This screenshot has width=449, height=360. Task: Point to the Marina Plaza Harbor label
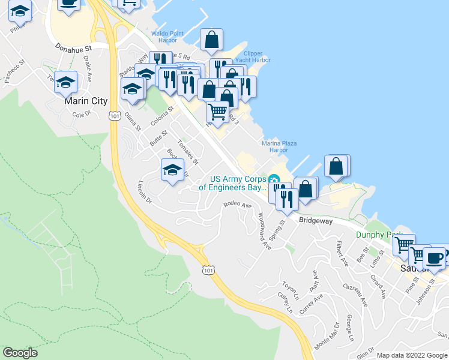point(279,146)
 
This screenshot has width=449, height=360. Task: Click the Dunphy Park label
point(374,235)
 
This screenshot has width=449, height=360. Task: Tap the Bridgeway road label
point(316,221)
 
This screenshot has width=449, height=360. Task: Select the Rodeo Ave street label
point(237,205)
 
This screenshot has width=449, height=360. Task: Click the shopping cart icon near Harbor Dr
point(218,111)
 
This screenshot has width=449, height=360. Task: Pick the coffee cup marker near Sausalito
point(434,257)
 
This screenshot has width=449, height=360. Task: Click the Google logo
point(20,353)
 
